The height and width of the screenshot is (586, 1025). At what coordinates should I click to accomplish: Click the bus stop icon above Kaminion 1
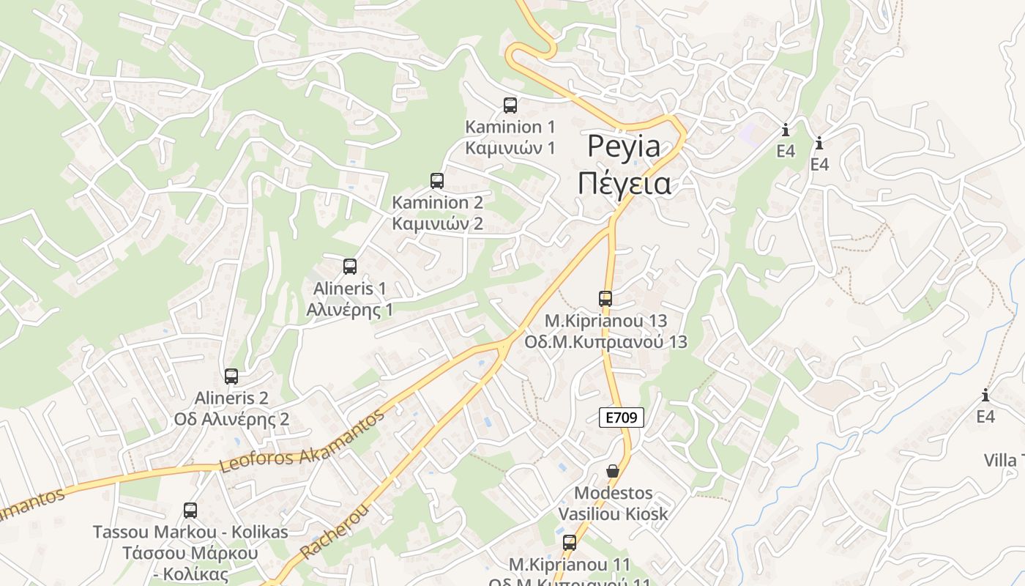(x=510, y=105)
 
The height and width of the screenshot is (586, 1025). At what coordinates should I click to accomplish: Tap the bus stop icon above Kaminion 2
(x=437, y=180)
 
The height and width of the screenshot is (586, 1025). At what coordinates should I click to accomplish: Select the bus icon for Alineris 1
(x=350, y=266)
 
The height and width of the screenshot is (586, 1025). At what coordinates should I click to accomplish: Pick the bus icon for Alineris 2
(x=231, y=377)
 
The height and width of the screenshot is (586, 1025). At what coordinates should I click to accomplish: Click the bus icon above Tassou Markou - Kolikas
(x=190, y=511)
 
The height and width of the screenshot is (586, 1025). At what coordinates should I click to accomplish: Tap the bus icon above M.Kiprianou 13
(x=605, y=298)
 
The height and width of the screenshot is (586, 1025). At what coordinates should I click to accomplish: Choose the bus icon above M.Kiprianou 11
(x=570, y=543)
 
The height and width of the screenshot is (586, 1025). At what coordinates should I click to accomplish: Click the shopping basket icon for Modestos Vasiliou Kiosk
(x=613, y=471)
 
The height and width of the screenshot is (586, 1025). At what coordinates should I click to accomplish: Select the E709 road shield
(x=622, y=418)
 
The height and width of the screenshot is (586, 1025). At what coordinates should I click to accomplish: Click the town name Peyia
(x=624, y=146)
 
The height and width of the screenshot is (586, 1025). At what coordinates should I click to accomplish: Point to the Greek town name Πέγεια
(x=624, y=183)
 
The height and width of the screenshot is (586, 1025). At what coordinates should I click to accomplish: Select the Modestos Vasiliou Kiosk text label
(x=614, y=503)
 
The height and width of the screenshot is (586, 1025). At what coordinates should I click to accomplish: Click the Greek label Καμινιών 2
(x=438, y=223)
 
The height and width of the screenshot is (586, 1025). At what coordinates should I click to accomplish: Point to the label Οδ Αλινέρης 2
(x=231, y=420)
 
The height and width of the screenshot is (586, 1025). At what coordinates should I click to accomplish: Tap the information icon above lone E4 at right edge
(x=985, y=396)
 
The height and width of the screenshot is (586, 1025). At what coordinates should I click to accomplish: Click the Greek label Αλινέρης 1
(x=350, y=309)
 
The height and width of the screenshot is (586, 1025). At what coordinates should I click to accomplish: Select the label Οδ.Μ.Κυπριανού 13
(x=605, y=341)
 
